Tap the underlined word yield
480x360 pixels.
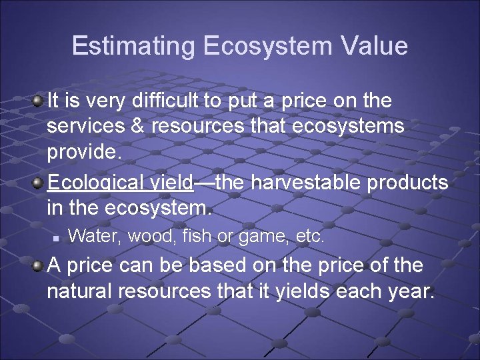(x=173, y=183)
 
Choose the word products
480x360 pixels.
(x=407, y=183)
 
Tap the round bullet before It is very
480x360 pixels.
(x=39, y=101)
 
